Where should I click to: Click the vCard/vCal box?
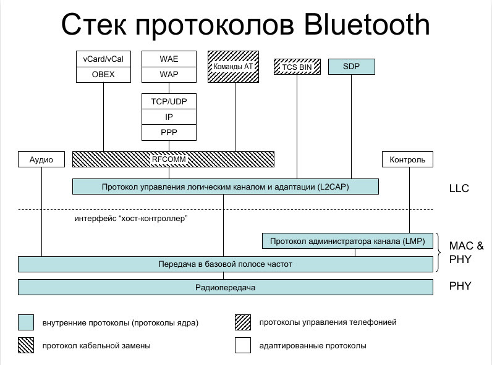[x=103, y=59]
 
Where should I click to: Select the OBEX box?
[x=103, y=75]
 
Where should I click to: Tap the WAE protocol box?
[x=169, y=59]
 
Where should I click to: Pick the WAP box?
[x=169, y=75]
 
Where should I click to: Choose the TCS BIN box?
[x=297, y=66]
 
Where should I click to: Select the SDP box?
[x=352, y=66]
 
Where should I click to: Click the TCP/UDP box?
[x=169, y=101]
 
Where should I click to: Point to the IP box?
[x=169, y=117]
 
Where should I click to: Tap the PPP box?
[x=169, y=132]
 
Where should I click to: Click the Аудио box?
[x=41, y=159]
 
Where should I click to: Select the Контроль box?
[x=407, y=159]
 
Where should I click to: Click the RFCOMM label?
[x=169, y=159]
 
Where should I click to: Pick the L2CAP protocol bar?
[x=225, y=187]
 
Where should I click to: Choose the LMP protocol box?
[x=347, y=241]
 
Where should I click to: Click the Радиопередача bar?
[x=225, y=288]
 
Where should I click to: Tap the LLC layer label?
[x=459, y=188]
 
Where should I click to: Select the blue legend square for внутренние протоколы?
[x=25, y=322]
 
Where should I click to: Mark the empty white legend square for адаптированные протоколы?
[x=242, y=346]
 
